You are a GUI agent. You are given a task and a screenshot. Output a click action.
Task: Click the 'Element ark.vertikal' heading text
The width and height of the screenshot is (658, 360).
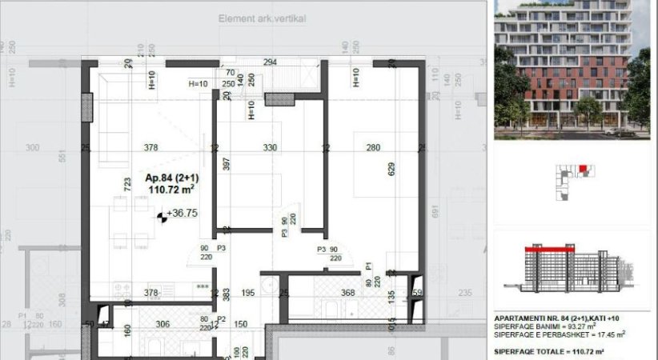[262, 18]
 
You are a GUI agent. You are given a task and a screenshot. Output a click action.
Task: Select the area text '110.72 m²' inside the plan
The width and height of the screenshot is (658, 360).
[171, 190]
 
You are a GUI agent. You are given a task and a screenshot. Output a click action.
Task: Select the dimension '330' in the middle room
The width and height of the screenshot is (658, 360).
[271, 147]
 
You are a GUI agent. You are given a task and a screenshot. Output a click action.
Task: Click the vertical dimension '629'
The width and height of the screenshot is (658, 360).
[391, 170]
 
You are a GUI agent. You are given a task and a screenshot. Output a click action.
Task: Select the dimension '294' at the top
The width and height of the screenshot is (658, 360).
[270, 62]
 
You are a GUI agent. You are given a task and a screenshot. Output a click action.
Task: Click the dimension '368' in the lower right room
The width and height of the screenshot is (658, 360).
[347, 293]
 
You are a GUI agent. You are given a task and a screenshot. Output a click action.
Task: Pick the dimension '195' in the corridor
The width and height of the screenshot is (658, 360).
[247, 293]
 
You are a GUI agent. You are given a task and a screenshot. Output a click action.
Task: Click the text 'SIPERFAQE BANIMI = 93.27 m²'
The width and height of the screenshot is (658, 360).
[544, 326]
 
